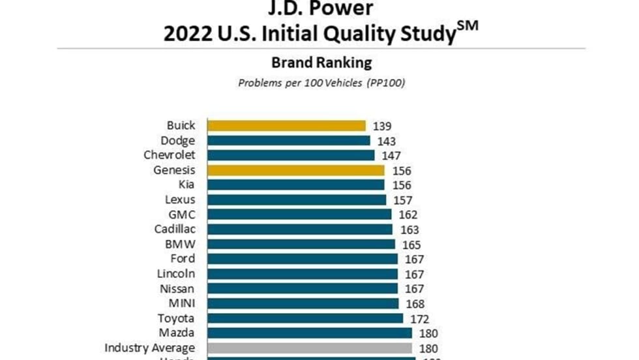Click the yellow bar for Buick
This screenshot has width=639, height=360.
click(x=286, y=125)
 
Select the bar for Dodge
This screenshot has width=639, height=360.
click(x=288, y=140)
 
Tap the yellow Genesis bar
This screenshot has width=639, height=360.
click(x=295, y=170)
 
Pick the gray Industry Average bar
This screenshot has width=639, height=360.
click(x=310, y=348)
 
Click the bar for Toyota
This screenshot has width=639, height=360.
click(x=305, y=318)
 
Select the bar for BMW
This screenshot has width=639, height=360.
click(x=301, y=244)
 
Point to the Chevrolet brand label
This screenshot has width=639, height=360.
click(x=169, y=155)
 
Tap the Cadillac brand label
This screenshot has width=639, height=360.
click(x=174, y=229)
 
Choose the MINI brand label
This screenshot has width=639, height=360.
click(x=182, y=303)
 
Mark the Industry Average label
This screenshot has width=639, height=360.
click(x=149, y=348)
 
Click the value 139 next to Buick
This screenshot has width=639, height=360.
click(x=382, y=126)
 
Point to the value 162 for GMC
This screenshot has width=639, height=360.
click(x=408, y=215)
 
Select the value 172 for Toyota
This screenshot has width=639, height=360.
click(x=419, y=319)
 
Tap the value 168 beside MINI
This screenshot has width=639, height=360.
click(x=415, y=304)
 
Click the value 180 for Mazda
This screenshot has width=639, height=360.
click(x=428, y=333)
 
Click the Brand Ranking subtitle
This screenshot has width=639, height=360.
click(x=321, y=63)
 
